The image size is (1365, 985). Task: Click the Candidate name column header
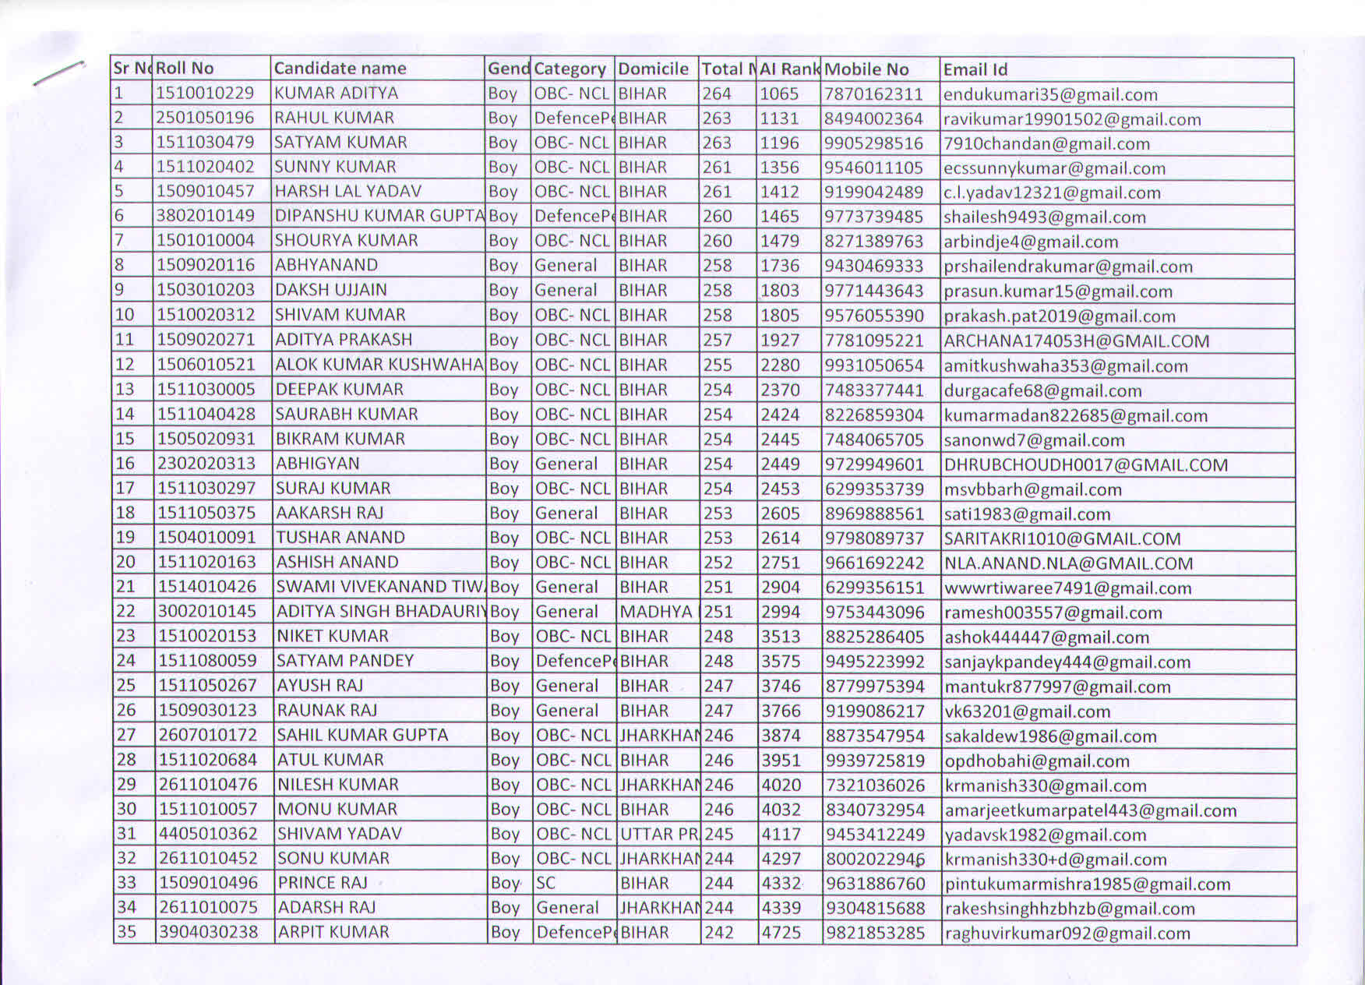(340, 69)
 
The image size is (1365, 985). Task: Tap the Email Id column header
(975, 70)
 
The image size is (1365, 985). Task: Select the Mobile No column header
(866, 69)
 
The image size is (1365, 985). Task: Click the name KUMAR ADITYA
(336, 94)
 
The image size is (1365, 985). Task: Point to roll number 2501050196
(205, 118)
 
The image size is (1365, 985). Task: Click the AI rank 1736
(780, 266)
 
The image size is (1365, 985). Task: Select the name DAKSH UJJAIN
(330, 290)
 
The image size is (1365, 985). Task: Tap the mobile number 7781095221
(874, 341)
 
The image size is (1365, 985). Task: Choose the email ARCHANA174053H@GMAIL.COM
(1077, 341)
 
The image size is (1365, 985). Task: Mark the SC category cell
(546, 883)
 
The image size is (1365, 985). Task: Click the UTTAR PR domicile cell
(659, 834)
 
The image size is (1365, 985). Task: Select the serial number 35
(126, 932)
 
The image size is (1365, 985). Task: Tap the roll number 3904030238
(208, 932)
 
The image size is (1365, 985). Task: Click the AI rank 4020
(781, 786)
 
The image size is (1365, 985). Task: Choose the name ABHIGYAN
(318, 464)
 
